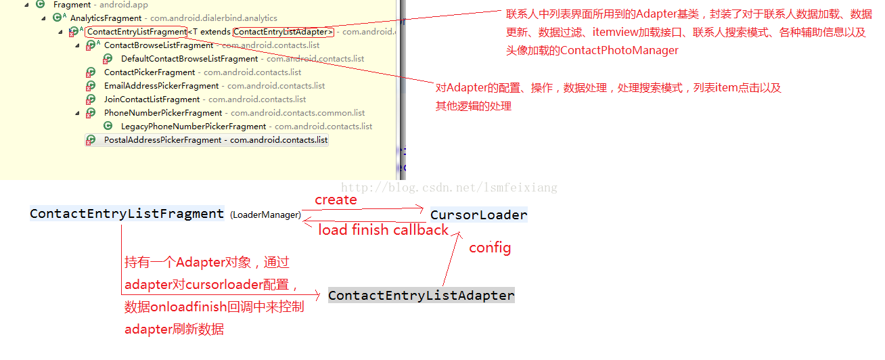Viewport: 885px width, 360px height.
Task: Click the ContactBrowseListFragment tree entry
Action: point(158,45)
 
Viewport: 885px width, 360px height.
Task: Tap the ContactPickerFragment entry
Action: point(150,72)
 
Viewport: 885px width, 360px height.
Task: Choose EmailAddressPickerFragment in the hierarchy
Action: point(161,86)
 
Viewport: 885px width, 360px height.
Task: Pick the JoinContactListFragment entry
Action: point(152,99)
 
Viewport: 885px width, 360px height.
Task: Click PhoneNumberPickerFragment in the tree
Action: point(162,113)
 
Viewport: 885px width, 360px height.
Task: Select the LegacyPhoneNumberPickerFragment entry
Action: point(193,127)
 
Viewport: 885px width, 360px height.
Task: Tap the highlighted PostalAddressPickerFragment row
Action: point(162,140)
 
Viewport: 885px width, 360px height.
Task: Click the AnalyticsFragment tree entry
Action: point(106,18)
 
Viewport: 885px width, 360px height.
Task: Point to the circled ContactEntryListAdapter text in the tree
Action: point(283,32)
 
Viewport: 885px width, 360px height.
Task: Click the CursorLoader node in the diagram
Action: point(479,215)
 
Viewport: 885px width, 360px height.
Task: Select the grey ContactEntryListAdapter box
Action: point(421,295)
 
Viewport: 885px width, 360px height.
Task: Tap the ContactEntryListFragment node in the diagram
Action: point(127,214)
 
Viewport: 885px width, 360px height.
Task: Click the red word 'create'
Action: point(336,200)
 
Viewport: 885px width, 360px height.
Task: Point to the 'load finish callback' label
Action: point(383,230)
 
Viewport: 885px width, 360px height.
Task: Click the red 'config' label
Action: point(490,248)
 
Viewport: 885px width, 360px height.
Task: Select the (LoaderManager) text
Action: point(265,215)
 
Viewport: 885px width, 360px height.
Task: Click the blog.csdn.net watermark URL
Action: point(449,187)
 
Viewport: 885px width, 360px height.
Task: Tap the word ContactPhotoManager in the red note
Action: point(619,50)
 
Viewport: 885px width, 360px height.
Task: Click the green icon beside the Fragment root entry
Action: point(41,5)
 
